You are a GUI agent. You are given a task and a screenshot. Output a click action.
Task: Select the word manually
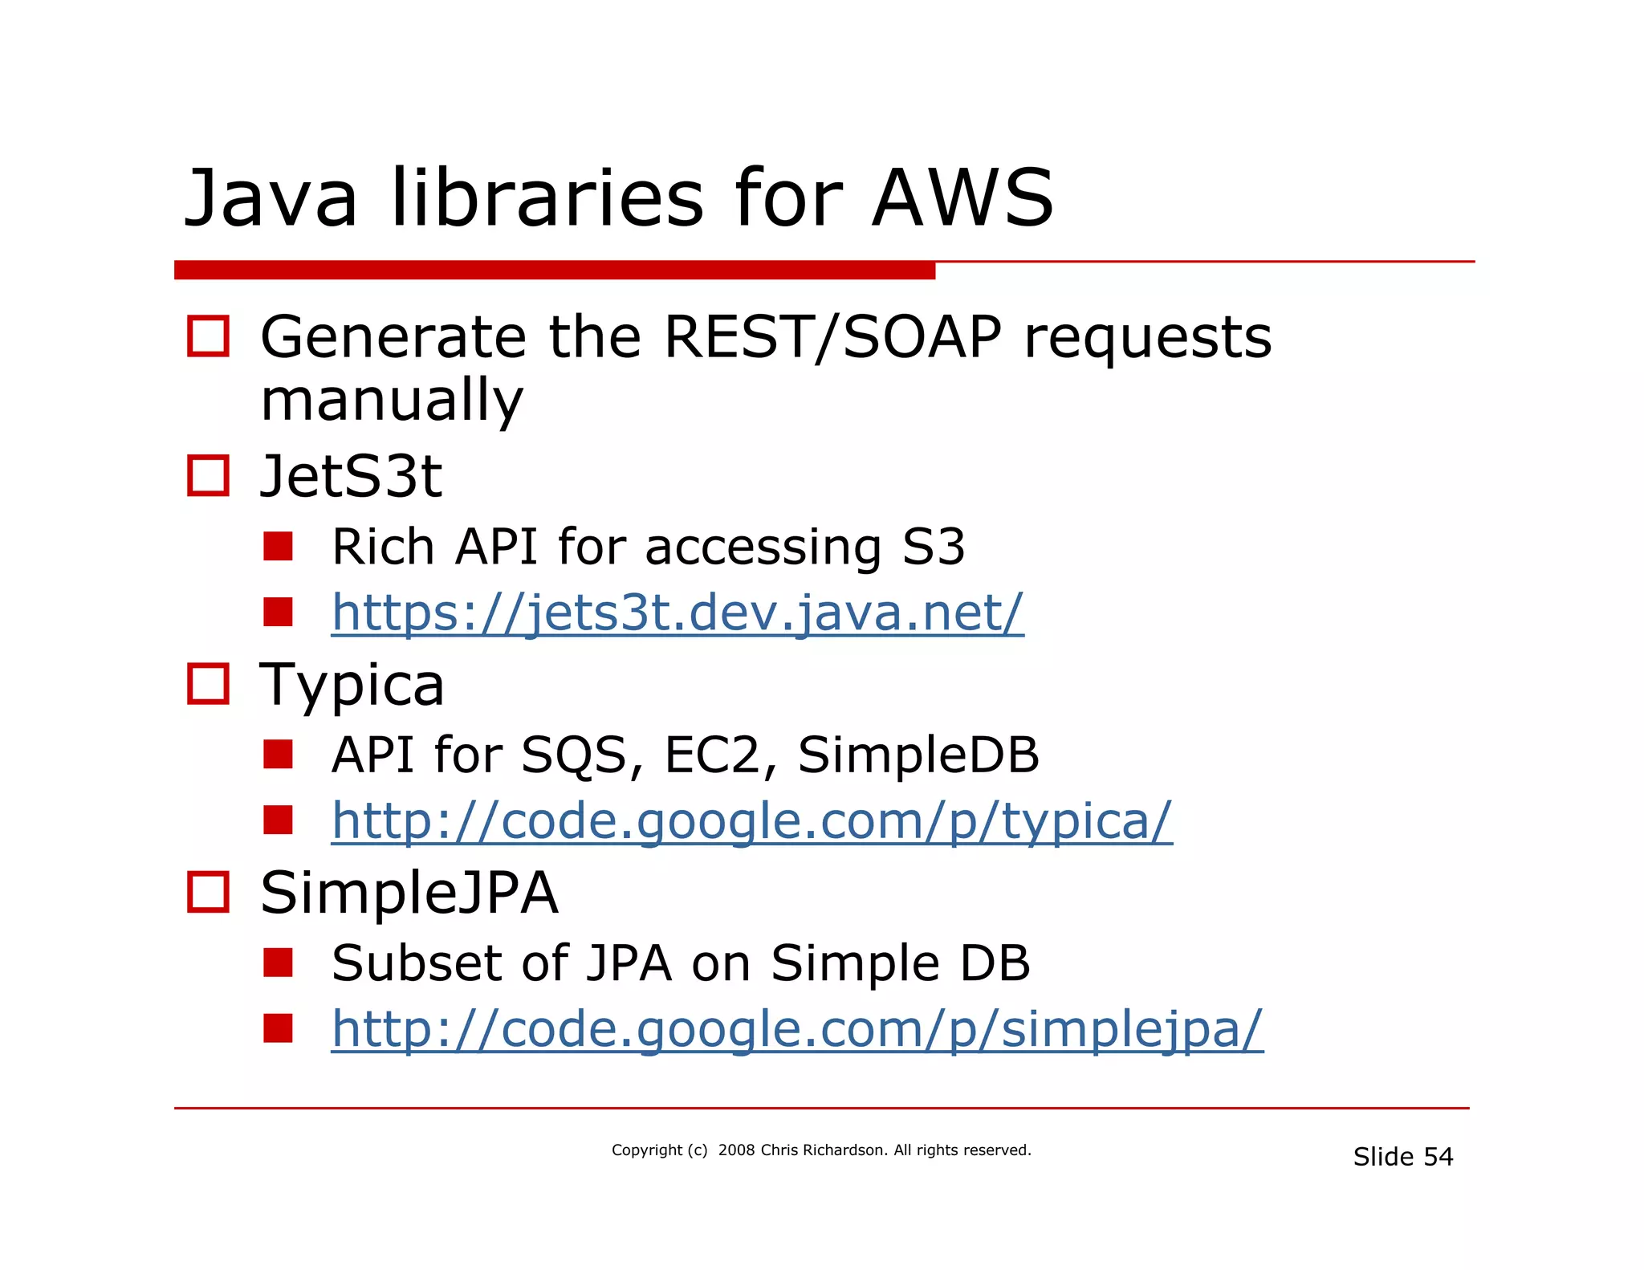(392, 400)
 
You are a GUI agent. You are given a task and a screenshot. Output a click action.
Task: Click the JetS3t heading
(351, 476)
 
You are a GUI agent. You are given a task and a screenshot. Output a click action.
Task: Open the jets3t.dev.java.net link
(678, 613)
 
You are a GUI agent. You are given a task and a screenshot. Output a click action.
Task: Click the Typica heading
(352, 685)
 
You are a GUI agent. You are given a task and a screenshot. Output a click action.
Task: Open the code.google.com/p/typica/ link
(752, 820)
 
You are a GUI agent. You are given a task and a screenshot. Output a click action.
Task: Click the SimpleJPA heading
(409, 893)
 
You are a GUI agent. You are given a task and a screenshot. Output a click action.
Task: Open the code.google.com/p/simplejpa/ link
(797, 1028)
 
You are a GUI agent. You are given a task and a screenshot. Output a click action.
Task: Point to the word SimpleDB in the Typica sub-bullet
(918, 755)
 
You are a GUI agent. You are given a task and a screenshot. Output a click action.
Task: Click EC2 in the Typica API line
(711, 755)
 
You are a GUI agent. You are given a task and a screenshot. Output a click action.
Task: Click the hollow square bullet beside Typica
(208, 684)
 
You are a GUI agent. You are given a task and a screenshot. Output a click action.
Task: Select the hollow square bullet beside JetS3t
(208, 475)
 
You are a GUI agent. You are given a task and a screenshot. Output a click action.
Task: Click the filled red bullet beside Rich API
(278, 547)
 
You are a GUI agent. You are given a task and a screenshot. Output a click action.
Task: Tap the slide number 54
(1438, 1157)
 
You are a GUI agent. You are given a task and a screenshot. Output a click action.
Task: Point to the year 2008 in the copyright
(736, 1150)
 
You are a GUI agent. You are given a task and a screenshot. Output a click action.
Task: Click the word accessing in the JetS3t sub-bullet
(763, 548)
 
